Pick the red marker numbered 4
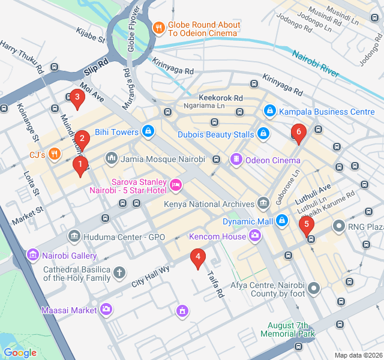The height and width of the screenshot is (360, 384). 197,258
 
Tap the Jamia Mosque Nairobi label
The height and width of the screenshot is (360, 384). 163,160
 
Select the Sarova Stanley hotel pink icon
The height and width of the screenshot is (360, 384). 176,184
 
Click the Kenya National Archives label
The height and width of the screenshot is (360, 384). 209,204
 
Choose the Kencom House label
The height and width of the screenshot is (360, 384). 217,236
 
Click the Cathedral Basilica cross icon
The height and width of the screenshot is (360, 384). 119,273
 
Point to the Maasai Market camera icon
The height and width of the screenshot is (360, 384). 106,310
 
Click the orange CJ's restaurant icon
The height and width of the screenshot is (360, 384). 55,154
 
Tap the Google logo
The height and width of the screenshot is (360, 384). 20,353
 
